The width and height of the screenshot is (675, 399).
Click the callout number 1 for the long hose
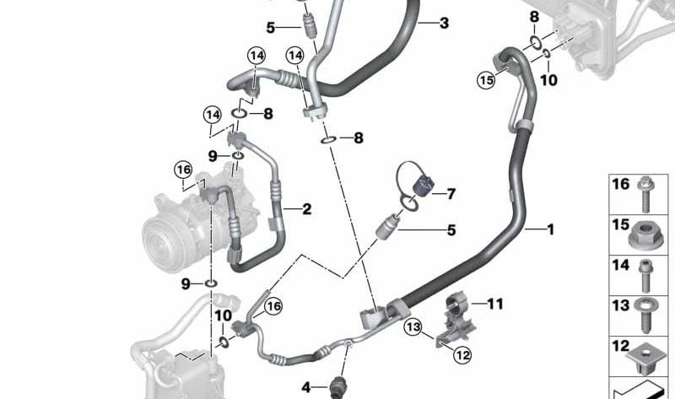pos(550,229)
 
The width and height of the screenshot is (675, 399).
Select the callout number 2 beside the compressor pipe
pos(306,209)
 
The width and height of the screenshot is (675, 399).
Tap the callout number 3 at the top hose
pos(444,23)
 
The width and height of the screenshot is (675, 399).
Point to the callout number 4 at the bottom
pos(305,387)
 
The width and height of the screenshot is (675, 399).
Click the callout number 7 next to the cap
pos(451,194)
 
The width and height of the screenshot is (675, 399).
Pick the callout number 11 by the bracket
pos(495,304)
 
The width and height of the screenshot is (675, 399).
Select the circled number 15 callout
pos(487,80)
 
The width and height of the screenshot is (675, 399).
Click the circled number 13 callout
pos(413,327)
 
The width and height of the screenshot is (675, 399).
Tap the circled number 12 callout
pos(462,355)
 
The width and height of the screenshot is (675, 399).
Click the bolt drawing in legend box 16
pos(645,194)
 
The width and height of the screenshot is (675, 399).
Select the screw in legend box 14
pos(645,276)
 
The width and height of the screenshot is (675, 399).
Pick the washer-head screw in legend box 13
pos(645,315)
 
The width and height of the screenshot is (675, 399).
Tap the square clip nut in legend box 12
pos(644,357)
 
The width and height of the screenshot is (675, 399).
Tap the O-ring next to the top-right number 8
pos(535,41)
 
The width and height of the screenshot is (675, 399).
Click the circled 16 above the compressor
pos(183,170)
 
